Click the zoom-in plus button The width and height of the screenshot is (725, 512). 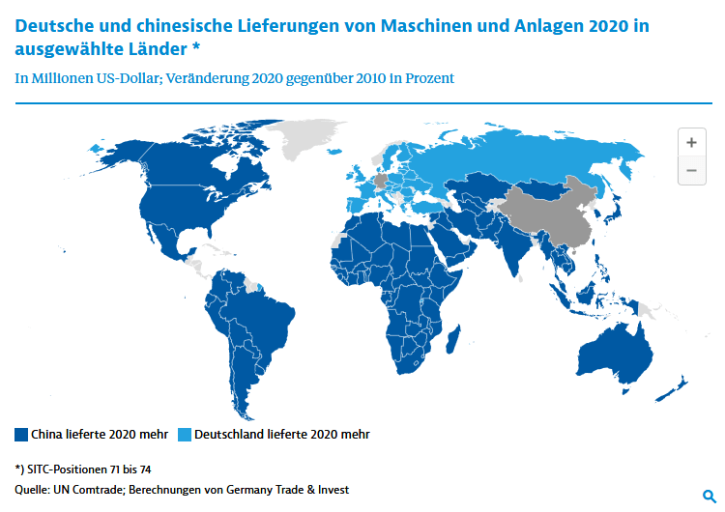691,142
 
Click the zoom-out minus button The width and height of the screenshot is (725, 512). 691,171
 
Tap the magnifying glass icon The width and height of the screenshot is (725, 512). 709,497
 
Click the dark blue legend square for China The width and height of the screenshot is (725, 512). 21,435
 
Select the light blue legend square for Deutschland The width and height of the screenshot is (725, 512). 185,435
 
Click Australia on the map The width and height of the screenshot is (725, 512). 615,355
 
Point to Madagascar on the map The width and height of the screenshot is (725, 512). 453,339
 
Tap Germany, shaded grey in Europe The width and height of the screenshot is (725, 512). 381,181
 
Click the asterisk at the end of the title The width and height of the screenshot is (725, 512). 195,45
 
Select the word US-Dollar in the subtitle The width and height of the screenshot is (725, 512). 128,78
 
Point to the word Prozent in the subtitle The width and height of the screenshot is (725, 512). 429,78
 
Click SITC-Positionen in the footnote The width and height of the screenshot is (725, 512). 68,469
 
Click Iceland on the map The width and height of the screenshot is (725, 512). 334,152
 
